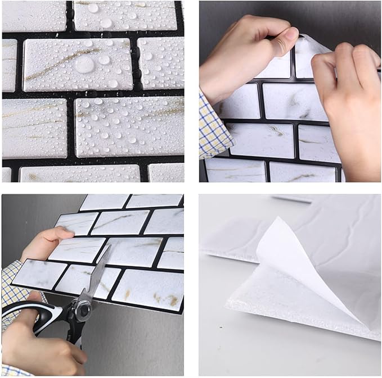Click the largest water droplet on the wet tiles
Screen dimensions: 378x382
[x=84, y=65]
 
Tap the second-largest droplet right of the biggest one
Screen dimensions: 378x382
[x=104, y=60]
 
